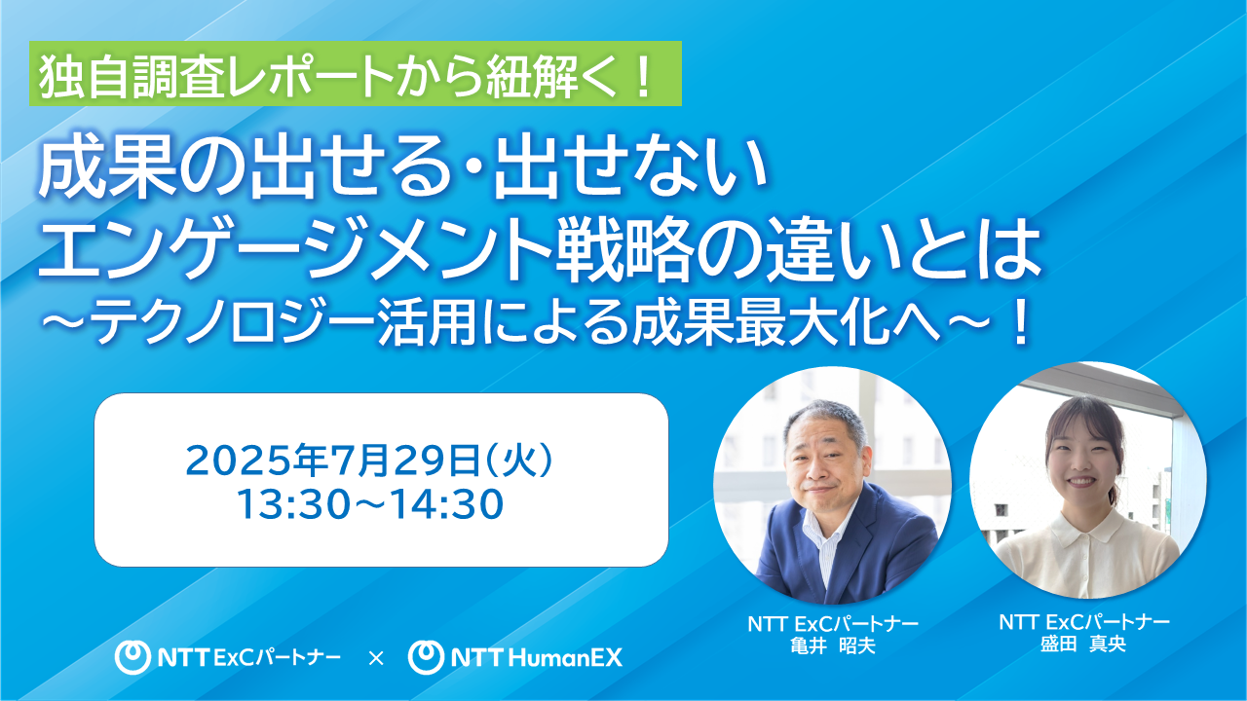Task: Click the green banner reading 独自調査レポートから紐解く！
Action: coord(357,74)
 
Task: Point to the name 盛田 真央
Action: coord(1083,644)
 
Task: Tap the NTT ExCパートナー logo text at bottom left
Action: coord(249,658)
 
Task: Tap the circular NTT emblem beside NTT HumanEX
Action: coord(425,658)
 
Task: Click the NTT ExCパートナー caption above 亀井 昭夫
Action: coord(833,624)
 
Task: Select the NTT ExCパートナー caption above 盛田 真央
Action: coord(1083,622)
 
